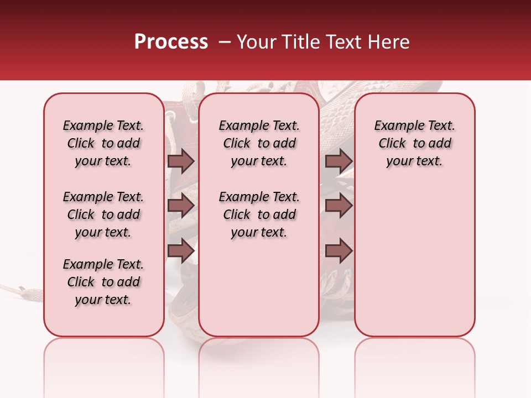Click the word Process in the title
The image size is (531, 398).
171,42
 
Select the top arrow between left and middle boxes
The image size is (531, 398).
181,161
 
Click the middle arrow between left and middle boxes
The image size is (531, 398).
181,206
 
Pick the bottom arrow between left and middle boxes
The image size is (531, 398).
181,251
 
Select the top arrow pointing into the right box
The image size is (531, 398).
339,161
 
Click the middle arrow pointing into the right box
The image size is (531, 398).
339,206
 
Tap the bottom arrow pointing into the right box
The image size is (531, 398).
339,251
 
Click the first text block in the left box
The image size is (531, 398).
103,143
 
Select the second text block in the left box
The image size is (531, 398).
103,214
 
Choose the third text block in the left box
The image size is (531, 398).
103,282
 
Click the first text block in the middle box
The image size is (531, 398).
259,143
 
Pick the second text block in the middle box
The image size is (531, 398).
259,214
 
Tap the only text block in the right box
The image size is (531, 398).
414,143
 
